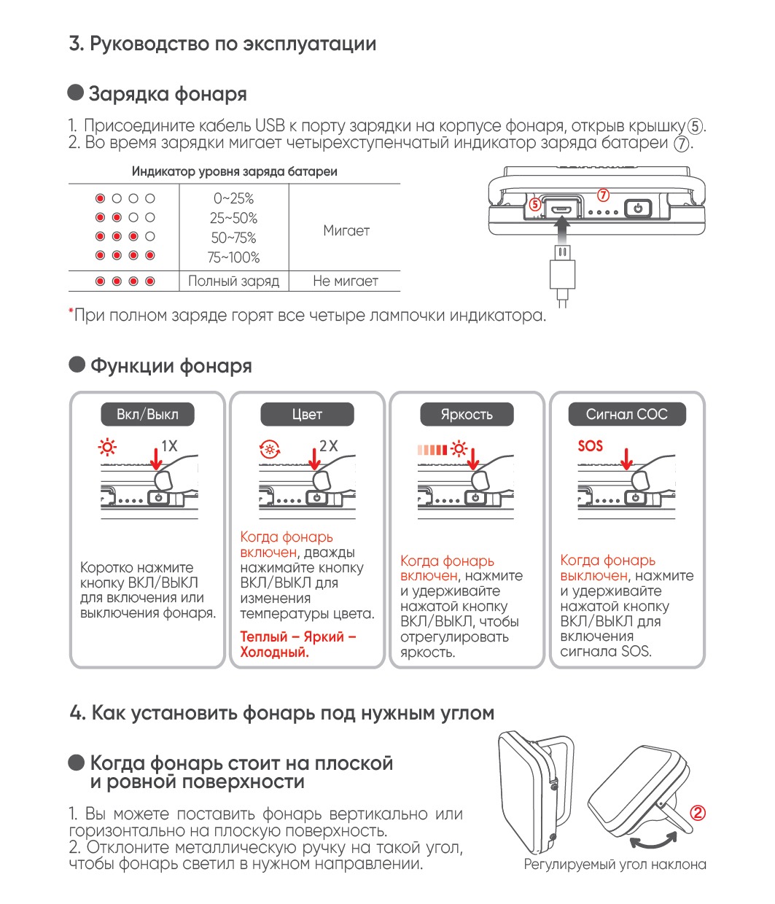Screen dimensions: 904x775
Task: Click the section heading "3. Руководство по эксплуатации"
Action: point(222,44)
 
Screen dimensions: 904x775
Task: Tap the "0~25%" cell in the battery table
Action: point(233,198)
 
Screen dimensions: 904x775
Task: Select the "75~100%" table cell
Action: point(233,257)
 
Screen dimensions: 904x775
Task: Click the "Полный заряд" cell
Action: point(233,281)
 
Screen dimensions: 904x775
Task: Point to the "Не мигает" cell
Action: point(345,281)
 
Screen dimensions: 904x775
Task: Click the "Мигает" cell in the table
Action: point(346,230)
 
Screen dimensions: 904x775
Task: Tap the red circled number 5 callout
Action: point(535,205)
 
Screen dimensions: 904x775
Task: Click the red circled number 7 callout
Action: point(603,195)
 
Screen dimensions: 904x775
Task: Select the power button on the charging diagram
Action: point(639,209)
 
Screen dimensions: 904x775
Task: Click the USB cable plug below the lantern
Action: point(561,271)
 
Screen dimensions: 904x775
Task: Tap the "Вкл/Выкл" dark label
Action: point(147,414)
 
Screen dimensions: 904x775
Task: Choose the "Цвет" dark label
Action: point(307,414)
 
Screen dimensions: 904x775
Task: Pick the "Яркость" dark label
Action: point(467,414)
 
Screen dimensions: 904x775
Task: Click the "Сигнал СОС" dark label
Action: point(626,414)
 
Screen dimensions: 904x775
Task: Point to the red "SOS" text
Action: point(590,445)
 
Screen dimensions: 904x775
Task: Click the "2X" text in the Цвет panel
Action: point(329,445)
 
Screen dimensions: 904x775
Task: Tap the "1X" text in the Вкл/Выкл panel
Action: point(169,445)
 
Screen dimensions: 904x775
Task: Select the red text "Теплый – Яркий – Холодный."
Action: point(297,644)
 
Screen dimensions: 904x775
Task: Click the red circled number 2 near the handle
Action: point(698,813)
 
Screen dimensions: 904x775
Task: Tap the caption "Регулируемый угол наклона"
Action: point(615,865)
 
